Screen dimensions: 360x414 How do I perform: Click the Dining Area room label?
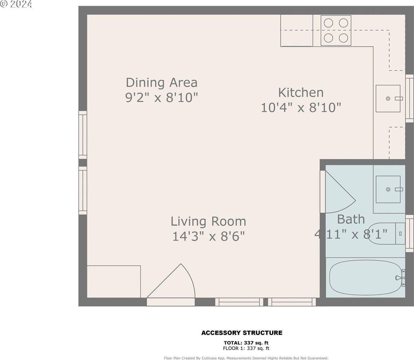pos(162,82)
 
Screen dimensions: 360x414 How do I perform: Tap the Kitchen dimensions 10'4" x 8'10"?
pos(301,107)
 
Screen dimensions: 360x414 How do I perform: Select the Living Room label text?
pos(208,221)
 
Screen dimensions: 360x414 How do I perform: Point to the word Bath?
pos(351,219)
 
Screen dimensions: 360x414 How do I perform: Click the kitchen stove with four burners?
pos(336,31)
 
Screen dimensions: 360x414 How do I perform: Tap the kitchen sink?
pos(388,98)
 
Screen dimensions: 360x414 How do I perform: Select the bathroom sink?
pos(388,189)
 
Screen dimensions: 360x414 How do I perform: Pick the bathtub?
pos(366,277)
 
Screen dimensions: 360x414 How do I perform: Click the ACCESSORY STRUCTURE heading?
pos(242,333)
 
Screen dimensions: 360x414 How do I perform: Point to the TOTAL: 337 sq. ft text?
pos(246,343)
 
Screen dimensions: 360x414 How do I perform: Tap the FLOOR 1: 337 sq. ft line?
pos(246,348)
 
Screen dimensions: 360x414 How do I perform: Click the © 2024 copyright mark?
pos(16,4)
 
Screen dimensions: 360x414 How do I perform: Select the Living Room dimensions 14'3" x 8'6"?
pos(208,236)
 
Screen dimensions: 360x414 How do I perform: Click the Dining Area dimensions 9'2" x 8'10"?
pos(162,97)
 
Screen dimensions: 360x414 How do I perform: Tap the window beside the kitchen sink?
pos(409,98)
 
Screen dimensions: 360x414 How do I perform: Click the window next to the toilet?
pos(409,233)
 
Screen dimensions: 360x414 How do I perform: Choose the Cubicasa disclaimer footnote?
pos(246,358)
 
